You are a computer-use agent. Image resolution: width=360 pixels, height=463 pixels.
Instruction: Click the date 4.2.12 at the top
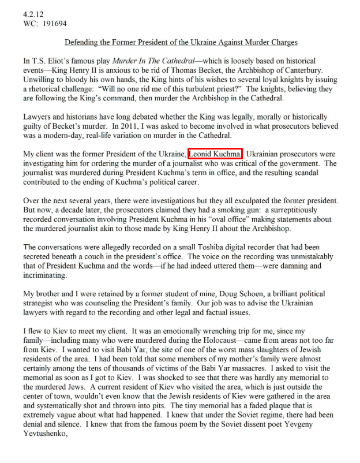tap(33, 13)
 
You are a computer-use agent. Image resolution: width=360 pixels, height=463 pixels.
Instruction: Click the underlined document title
tap(181, 43)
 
